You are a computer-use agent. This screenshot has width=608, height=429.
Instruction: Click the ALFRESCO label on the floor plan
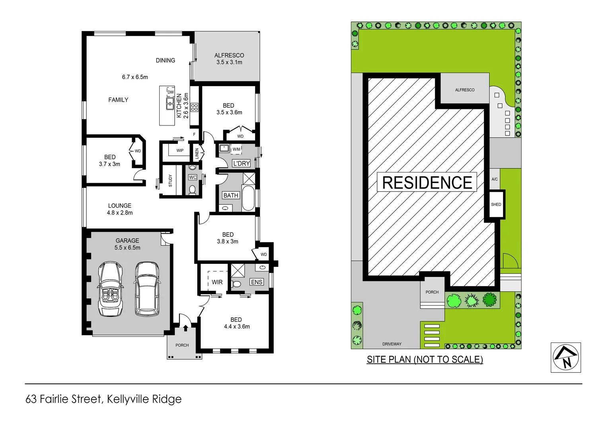229,55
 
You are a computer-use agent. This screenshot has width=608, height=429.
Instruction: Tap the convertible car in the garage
110,289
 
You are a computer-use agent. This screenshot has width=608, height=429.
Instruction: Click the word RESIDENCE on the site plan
427,183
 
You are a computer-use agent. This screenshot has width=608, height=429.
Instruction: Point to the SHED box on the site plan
496,205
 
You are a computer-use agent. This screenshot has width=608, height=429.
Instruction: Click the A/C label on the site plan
494,179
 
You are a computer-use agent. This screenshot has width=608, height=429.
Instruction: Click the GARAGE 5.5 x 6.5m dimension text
127,247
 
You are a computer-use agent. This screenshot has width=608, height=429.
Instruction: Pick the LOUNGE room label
119,206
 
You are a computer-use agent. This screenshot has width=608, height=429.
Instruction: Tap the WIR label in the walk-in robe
217,282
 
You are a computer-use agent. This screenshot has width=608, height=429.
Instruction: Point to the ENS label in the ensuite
257,282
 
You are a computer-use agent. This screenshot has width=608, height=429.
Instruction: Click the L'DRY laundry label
241,163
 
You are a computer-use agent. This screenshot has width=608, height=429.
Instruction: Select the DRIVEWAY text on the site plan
392,344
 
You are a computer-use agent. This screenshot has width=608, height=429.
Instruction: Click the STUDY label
170,181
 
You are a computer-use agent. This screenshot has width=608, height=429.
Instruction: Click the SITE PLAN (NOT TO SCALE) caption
425,359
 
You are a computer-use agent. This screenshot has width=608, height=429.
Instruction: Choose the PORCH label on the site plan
432,292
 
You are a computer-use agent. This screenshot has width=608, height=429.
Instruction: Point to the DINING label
165,60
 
